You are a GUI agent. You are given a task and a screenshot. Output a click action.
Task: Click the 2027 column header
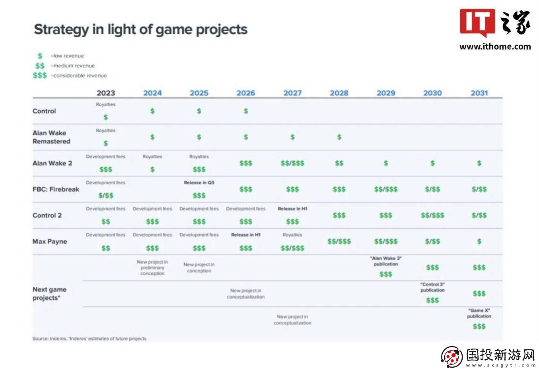click(x=292, y=93)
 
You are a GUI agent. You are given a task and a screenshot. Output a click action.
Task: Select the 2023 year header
click(x=106, y=93)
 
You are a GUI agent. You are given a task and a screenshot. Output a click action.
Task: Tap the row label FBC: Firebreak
click(x=56, y=189)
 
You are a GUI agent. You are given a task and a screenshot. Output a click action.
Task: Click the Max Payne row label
click(x=50, y=241)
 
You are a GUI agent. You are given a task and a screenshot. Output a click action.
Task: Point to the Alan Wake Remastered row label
click(x=51, y=137)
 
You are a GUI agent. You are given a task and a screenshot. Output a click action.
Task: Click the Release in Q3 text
click(x=199, y=183)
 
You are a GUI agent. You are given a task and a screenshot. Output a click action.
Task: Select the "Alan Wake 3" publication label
click(x=386, y=261)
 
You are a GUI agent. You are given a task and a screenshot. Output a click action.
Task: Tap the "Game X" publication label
click(x=479, y=313)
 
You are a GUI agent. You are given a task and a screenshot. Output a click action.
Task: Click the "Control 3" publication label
click(x=432, y=287)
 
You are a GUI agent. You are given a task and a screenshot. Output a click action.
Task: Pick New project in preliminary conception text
click(x=152, y=268)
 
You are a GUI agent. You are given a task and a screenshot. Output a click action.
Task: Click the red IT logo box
click(x=477, y=22)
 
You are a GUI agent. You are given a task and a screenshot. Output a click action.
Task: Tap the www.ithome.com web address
click(x=495, y=46)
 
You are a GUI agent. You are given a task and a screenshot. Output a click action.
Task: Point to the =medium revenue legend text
click(x=73, y=66)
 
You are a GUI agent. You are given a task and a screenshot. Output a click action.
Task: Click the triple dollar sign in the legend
click(x=40, y=75)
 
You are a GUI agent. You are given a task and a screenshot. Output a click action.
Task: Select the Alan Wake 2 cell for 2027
click(x=292, y=163)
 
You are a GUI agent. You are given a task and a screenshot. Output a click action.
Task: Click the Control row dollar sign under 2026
click(x=246, y=111)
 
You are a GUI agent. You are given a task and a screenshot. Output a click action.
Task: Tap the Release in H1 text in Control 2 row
click(x=292, y=209)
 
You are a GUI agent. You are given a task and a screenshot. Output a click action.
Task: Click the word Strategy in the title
click(x=61, y=30)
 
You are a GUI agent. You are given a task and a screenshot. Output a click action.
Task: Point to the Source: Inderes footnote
click(x=89, y=339)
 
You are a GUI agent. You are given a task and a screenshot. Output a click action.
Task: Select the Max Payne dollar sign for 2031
click(x=479, y=241)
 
